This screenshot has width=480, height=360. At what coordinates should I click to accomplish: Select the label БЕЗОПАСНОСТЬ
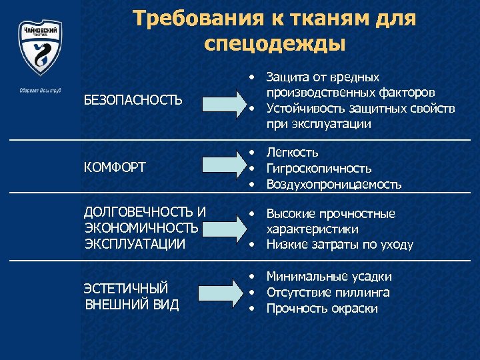(133, 100)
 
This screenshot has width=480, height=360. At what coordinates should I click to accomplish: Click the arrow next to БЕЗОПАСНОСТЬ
(225, 101)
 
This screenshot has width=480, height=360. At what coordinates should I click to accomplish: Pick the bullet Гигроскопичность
(319, 169)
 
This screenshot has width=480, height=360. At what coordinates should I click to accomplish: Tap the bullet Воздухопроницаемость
(334, 184)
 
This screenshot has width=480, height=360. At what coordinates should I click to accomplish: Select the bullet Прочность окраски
(322, 308)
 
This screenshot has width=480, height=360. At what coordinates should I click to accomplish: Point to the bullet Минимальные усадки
(329, 277)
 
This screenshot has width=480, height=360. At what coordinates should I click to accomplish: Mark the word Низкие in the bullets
(287, 245)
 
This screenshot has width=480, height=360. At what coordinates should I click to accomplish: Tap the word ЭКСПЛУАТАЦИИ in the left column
(135, 244)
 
